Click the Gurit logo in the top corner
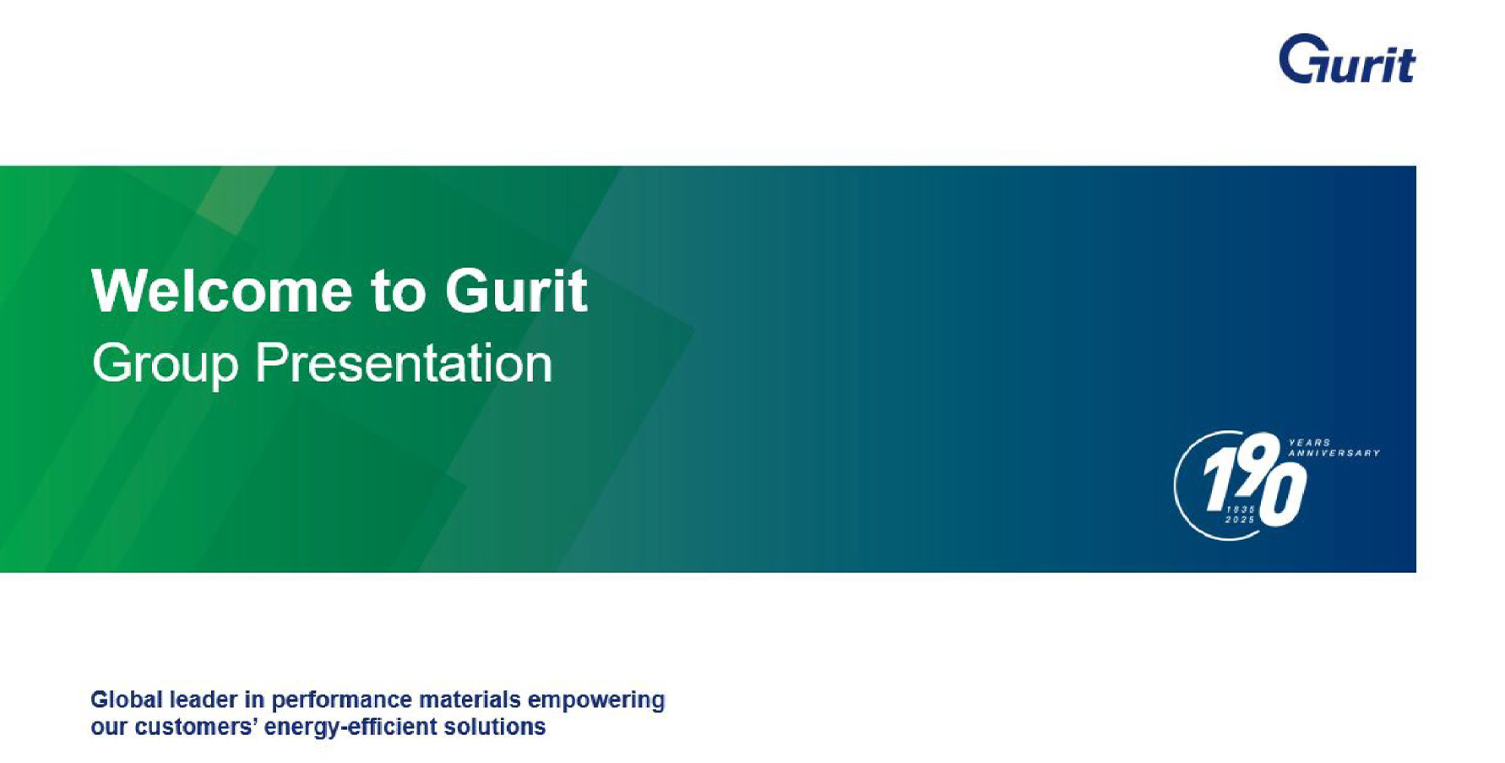pos(1346,59)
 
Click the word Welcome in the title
pos(222,291)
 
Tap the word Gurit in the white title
pos(516,291)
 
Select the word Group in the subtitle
pos(166,364)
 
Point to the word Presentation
pos(404,363)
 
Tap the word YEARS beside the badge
pos(1310,443)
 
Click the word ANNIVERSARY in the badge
pos(1334,454)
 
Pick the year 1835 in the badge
pos(1241,510)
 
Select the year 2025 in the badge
pos(1240,520)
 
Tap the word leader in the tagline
pos(204,700)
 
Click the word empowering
pos(596,701)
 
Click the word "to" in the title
pos(398,292)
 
